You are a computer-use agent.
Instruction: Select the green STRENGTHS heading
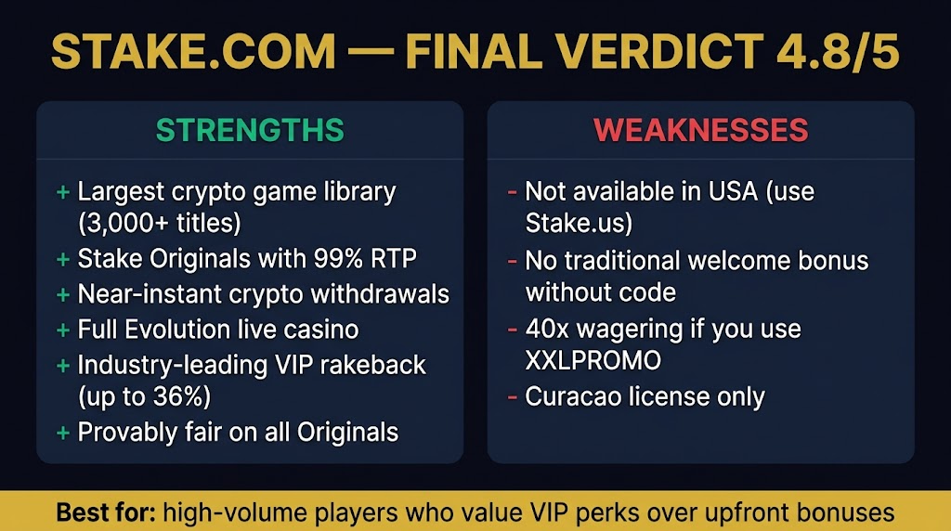click(250, 130)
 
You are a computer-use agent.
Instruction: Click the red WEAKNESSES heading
click(701, 130)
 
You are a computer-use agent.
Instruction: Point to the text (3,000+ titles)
click(159, 225)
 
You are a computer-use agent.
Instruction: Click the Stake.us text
click(577, 225)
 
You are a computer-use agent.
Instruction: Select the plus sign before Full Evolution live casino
click(63, 329)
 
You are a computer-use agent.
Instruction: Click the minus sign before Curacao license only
click(512, 397)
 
